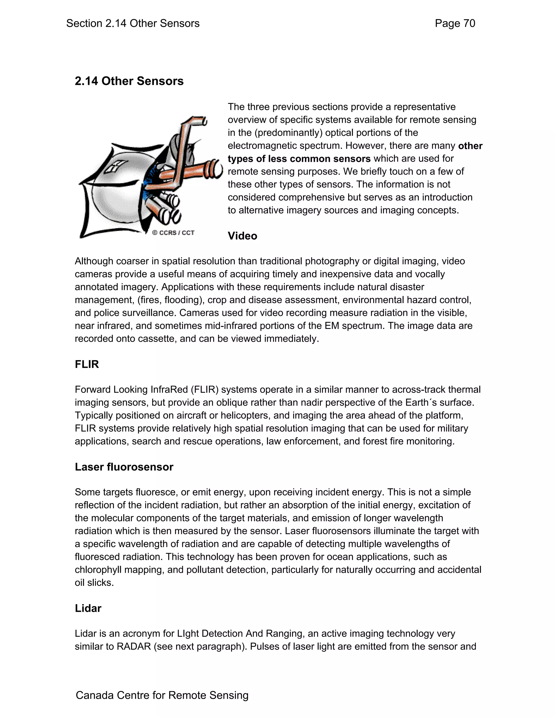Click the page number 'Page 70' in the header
point(455,23)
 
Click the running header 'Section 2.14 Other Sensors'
point(133,23)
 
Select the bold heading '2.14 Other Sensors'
point(129,81)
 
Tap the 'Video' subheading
point(242,236)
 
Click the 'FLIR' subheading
point(87,364)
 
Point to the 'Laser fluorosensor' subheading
point(124,467)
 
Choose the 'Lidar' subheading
point(88,608)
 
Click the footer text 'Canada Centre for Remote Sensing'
point(162,695)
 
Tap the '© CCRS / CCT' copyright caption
point(173,233)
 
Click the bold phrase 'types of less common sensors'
point(299,159)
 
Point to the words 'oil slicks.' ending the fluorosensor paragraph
point(94,583)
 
